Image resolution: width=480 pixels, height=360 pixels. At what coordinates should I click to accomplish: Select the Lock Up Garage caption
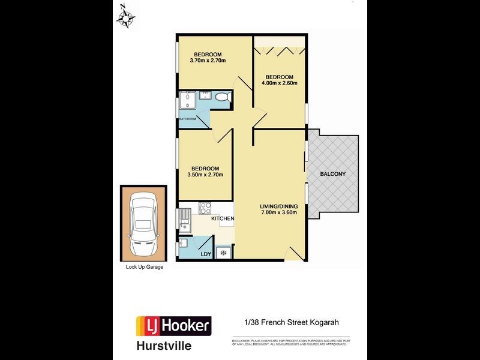tap(145, 268)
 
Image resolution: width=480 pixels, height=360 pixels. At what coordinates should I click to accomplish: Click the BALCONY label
tap(332, 174)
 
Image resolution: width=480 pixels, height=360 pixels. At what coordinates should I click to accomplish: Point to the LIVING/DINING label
tap(279, 206)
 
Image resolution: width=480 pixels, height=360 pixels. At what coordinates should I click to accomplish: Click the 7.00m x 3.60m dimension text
tap(279, 212)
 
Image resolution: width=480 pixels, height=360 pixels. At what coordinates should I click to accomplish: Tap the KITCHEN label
tap(222, 218)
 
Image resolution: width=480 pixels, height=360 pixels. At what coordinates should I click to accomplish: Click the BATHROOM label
tap(188, 119)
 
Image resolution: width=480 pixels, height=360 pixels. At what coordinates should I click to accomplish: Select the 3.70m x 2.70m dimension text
tap(206, 61)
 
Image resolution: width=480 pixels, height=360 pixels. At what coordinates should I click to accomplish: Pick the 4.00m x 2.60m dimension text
tap(279, 83)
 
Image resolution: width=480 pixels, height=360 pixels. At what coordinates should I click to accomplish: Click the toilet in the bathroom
tap(222, 97)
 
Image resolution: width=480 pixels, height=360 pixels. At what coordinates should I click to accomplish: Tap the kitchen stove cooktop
tap(205, 209)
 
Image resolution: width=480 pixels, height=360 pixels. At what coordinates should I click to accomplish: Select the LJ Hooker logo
tap(175, 326)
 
